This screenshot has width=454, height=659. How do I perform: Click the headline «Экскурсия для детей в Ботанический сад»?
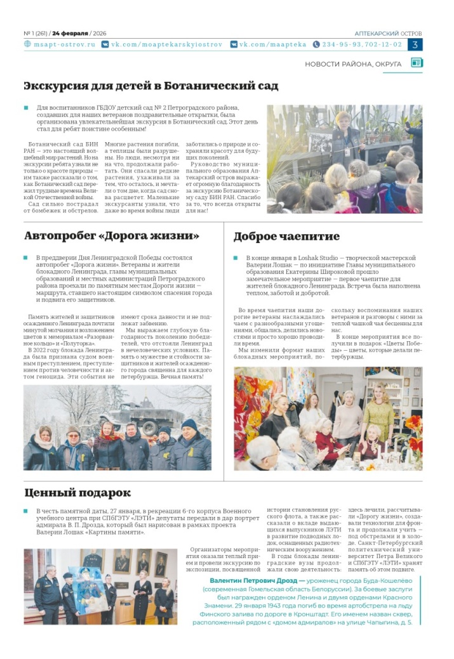tap(150, 86)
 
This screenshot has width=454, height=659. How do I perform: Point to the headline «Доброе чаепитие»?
tap(286, 237)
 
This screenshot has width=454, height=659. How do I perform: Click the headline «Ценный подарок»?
tap(77, 492)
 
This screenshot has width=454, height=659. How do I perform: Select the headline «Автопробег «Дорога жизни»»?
tap(112, 237)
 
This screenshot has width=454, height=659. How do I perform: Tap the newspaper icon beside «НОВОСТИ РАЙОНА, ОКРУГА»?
tap(417, 63)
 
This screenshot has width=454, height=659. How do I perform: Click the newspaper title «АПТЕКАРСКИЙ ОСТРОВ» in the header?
tap(389, 33)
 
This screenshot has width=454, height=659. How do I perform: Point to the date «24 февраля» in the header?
tap(70, 33)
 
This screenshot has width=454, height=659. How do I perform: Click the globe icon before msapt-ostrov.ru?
tap(27, 45)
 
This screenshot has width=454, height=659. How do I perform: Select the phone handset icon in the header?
tap(316, 45)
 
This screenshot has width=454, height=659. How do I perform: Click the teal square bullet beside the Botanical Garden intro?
tap(26, 108)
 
